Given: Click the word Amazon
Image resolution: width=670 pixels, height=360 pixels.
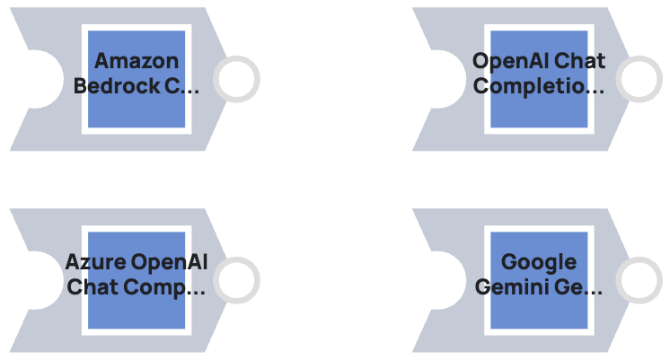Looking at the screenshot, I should [137, 61].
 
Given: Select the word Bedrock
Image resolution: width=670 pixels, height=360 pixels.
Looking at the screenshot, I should [112, 86].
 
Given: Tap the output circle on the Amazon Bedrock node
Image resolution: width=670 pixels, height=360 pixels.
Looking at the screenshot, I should [236, 79].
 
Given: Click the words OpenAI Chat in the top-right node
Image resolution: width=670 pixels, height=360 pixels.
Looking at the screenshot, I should [539, 61].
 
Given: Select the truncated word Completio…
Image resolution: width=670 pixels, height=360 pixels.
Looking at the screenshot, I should [539, 86].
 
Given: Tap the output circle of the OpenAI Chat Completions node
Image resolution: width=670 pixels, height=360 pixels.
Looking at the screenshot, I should [639, 79].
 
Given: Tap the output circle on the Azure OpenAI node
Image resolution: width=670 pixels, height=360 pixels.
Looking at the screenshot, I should [236, 280].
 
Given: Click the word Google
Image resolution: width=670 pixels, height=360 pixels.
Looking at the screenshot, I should [539, 262].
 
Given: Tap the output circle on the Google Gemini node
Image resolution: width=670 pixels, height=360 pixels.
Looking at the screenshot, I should [639, 280].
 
